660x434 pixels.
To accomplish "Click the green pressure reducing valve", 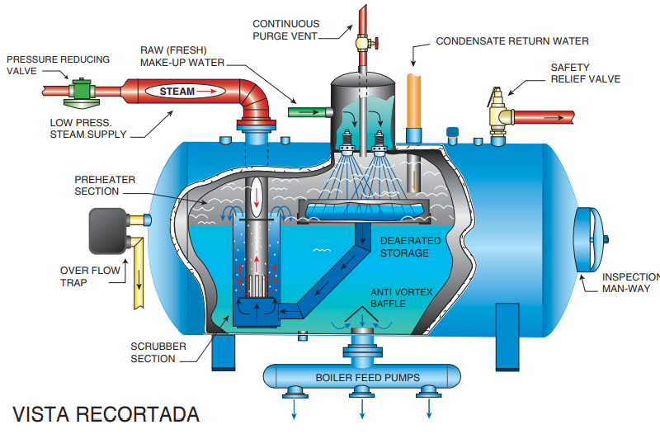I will [x=81, y=88].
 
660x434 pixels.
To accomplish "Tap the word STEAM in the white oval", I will [x=177, y=91].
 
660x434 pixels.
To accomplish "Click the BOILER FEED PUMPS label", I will [x=367, y=378].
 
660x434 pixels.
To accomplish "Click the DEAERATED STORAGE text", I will [x=409, y=247].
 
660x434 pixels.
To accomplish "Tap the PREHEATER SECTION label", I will [x=105, y=186].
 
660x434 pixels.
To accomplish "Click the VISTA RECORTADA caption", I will [x=106, y=415].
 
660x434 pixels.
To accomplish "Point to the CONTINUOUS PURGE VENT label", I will [x=285, y=30].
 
